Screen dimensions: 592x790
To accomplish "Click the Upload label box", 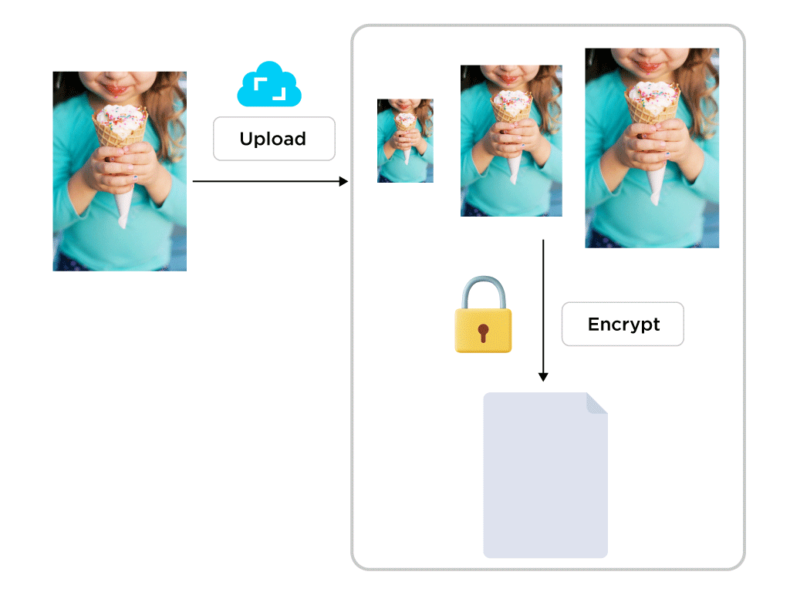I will coord(274,139).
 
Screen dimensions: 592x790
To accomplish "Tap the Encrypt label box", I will coord(623,324).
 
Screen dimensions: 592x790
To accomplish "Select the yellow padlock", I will coord(483,328).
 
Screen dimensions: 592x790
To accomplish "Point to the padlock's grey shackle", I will coord(483,291).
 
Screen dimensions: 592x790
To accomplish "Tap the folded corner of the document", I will coord(597,402).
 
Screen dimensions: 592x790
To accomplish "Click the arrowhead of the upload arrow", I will coord(344,181).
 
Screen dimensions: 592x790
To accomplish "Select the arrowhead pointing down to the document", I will coord(543,377).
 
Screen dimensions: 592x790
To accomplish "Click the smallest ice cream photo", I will coord(405,140).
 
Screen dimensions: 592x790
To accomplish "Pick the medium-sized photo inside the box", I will coord(511,140).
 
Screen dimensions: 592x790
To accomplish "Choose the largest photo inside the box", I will coord(652,148).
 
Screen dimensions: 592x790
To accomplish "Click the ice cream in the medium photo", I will coord(511,101).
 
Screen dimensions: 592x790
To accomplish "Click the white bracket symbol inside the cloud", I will coord(269,89).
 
